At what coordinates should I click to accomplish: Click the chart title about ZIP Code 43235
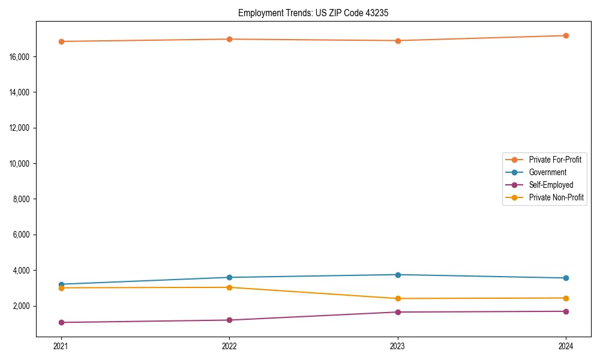point(313,13)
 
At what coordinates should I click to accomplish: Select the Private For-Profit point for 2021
point(61,41)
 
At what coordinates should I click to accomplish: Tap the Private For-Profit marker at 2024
point(566,35)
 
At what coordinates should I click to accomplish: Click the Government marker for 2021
point(61,284)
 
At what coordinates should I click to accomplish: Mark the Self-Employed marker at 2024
point(566,311)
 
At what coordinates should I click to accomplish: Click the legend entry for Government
point(547,172)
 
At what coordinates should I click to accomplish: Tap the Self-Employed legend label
point(551,185)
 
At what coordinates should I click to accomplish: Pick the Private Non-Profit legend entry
point(556,197)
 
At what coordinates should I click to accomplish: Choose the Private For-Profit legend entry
point(555,160)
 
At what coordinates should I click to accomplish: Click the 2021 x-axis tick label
point(61,346)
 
